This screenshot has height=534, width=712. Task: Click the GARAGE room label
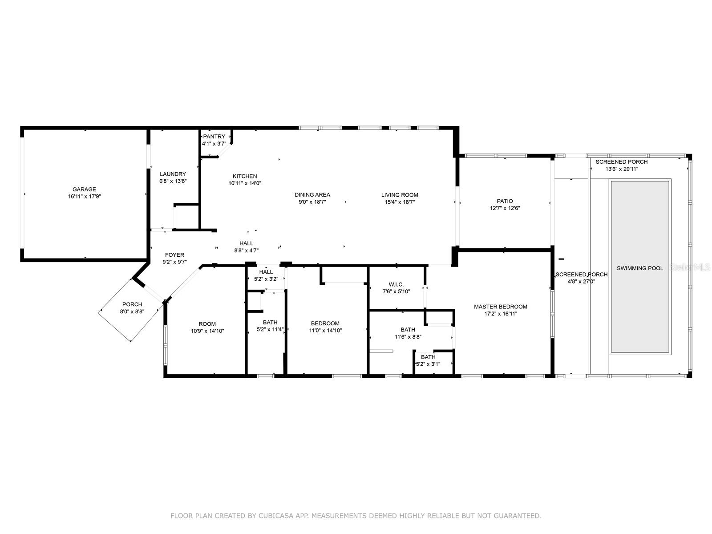click(x=85, y=190)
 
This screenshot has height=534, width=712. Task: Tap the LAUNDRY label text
click(x=173, y=174)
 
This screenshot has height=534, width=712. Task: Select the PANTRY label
click(x=214, y=137)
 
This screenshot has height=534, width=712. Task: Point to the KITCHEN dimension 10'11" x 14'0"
click(x=245, y=183)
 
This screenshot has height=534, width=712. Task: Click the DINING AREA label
click(x=312, y=195)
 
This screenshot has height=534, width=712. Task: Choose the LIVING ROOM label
click(x=400, y=195)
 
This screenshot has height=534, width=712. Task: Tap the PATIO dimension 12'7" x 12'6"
click(x=505, y=208)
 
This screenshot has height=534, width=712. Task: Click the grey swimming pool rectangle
click(x=640, y=267)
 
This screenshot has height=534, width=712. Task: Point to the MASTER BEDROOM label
click(x=501, y=307)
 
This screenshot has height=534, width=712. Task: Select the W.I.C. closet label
click(x=396, y=284)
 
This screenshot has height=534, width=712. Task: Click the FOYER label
click(x=174, y=255)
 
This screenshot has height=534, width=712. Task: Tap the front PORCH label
click(x=132, y=304)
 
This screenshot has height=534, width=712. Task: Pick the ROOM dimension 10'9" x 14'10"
click(x=207, y=331)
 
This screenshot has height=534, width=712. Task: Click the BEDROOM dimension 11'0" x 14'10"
click(x=325, y=330)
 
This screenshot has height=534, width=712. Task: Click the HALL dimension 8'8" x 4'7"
click(x=247, y=250)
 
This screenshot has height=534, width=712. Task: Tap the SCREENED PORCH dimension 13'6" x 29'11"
click(x=622, y=169)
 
